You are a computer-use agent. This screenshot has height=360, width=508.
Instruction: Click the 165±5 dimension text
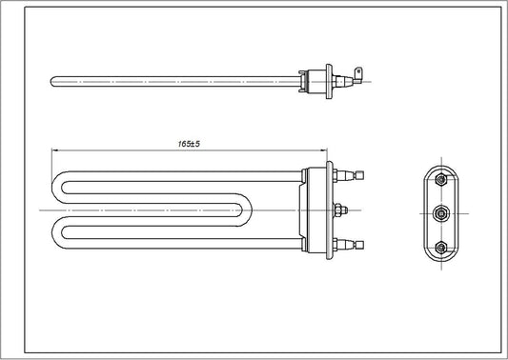point(189,144)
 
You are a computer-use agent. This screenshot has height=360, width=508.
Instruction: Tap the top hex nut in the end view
point(439,178)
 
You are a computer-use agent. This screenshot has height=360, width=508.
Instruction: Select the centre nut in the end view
point(439,211)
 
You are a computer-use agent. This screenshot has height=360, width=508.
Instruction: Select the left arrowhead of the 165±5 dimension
point(55,150)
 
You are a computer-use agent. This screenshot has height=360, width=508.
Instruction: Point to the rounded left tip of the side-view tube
point(51,82)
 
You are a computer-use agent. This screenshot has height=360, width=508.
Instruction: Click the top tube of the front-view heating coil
point(181,173)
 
